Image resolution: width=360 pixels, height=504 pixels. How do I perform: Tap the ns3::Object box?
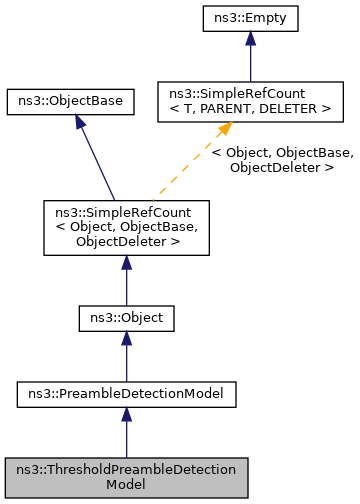click(126, 318)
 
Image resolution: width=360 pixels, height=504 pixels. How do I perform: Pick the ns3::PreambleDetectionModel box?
click(126, 395)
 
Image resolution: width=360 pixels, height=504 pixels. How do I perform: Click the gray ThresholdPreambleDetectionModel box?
click(126, 477)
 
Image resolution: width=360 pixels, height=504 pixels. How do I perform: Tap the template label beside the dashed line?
click(283, 160)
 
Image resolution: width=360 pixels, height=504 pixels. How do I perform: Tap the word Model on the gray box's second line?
click(126, 485)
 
